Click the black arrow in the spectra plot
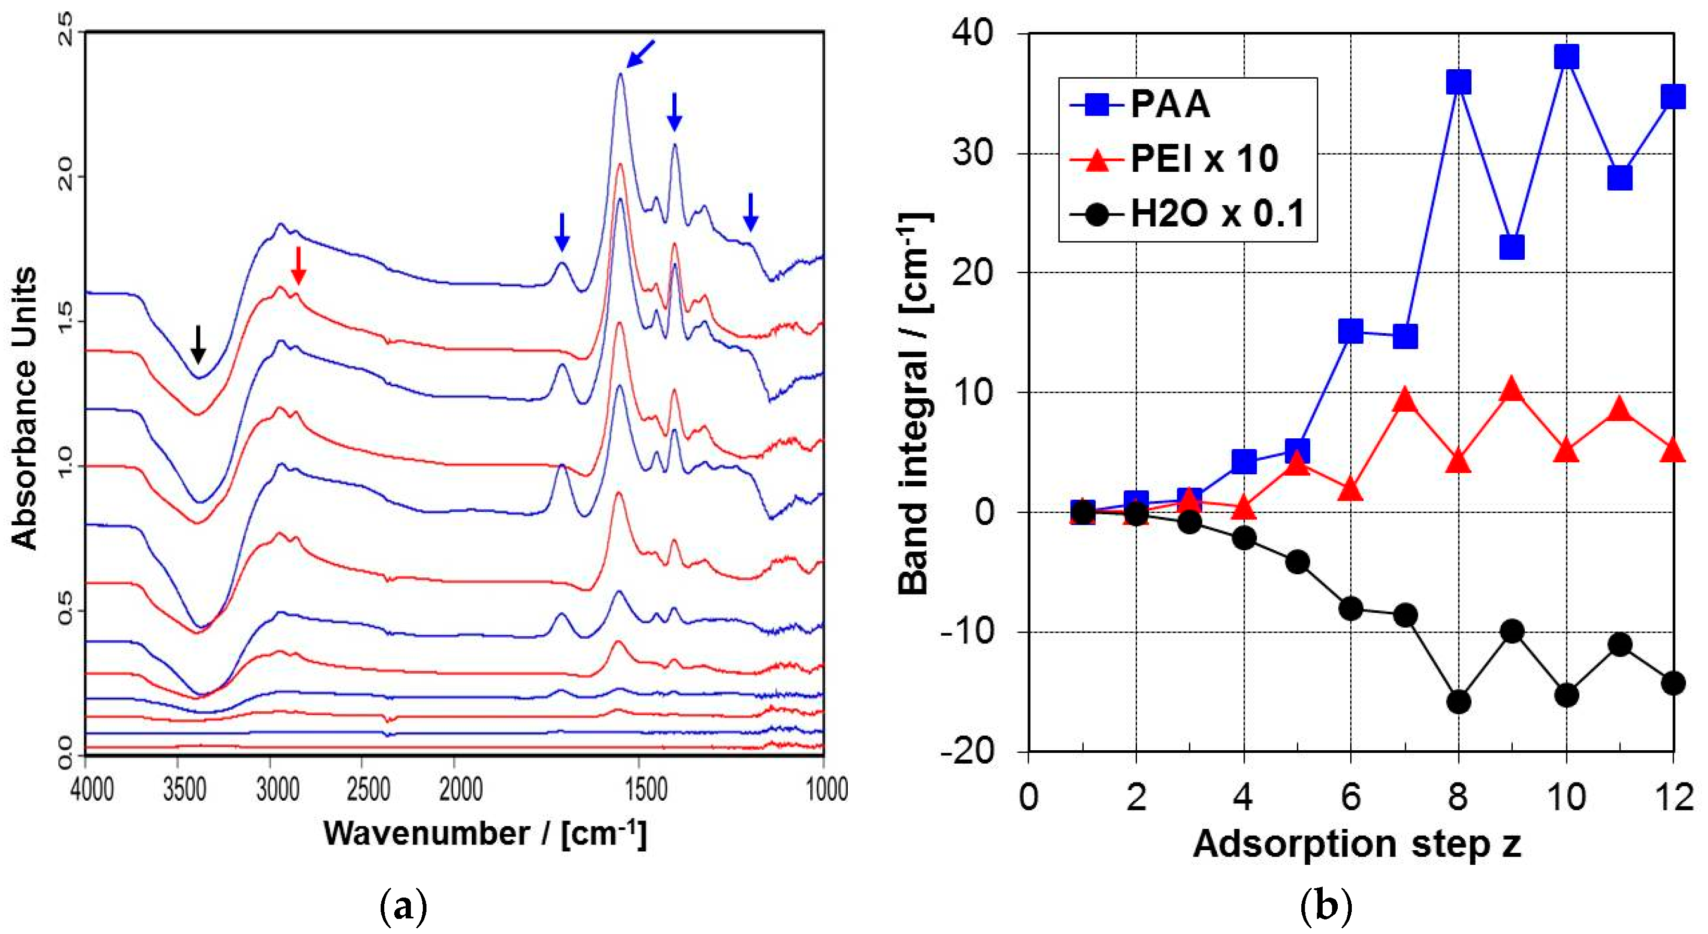tap(197, 344)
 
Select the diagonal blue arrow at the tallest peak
tap(640, 53)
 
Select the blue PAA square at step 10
tap(1566, 57)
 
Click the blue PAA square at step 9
tap(1512, 247)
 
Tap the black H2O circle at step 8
tap(1459, 701)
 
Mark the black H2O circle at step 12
tap(1674, 683)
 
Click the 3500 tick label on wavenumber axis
tap(185, 790)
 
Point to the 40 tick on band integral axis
tap(973, 34)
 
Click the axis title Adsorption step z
tap(1357, 844)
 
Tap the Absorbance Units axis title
tap(24, 408)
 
